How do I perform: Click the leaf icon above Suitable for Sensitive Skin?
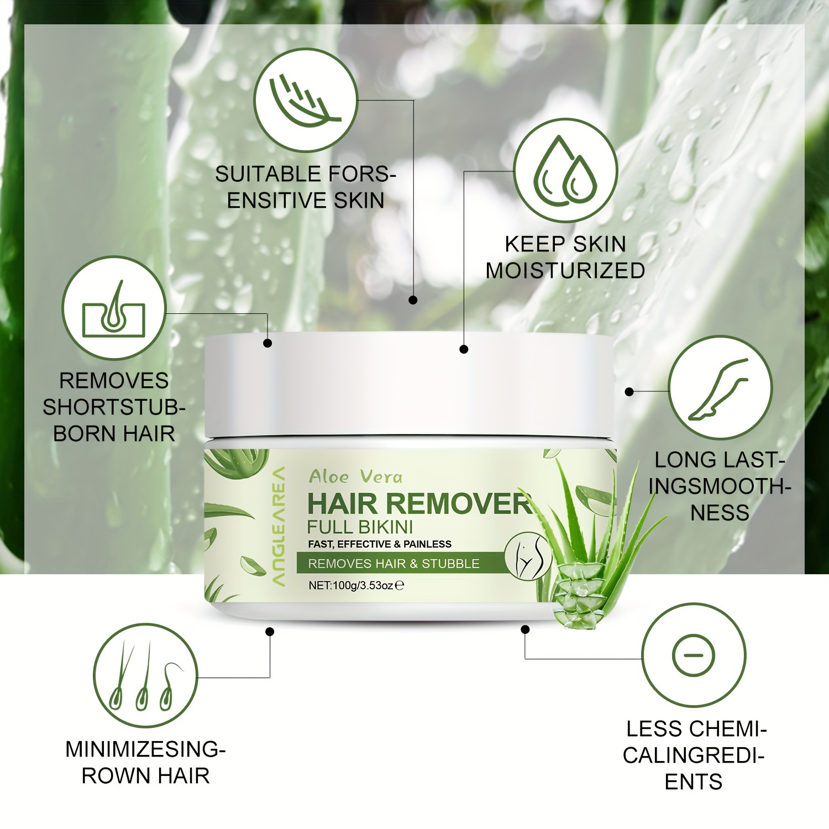(x=306, y=100)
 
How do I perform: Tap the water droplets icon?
(x=565, y=171)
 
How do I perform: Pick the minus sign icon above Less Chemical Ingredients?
(x=694, y=655)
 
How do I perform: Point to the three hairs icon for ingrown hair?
(x=145, y=675)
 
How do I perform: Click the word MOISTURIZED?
(x=565, y=271)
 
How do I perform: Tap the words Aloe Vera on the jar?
(x=355, y=476)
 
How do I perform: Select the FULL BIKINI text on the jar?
(x=360, y=527)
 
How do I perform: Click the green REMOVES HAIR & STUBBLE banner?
(x=393, y=564)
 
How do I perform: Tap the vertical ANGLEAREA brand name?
(x=279, y=526)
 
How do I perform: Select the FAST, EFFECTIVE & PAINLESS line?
(x=380, y=544)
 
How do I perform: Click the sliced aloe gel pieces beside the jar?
(x=578, y=597)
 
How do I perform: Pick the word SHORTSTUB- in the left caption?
(x=114, y=407)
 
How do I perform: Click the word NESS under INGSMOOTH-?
(x=720, y=513)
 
